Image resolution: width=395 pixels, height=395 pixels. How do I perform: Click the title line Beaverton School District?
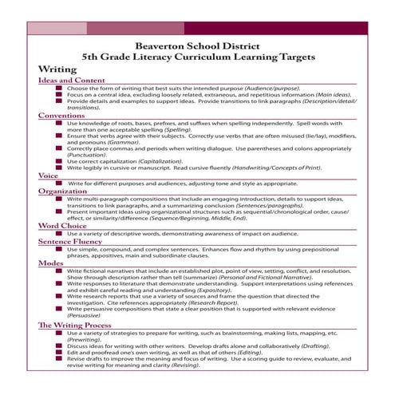[x=198, y=45]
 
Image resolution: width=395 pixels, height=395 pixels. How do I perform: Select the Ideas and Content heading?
[x=71, y=81]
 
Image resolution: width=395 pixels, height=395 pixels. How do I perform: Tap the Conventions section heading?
[x=61, y=116]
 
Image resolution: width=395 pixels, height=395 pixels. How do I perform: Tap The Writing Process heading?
[x=77, y=325]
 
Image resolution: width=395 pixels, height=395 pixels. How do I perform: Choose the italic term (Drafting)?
[x=313, y=346]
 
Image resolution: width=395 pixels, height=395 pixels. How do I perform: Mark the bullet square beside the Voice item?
[x=61, y=183]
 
